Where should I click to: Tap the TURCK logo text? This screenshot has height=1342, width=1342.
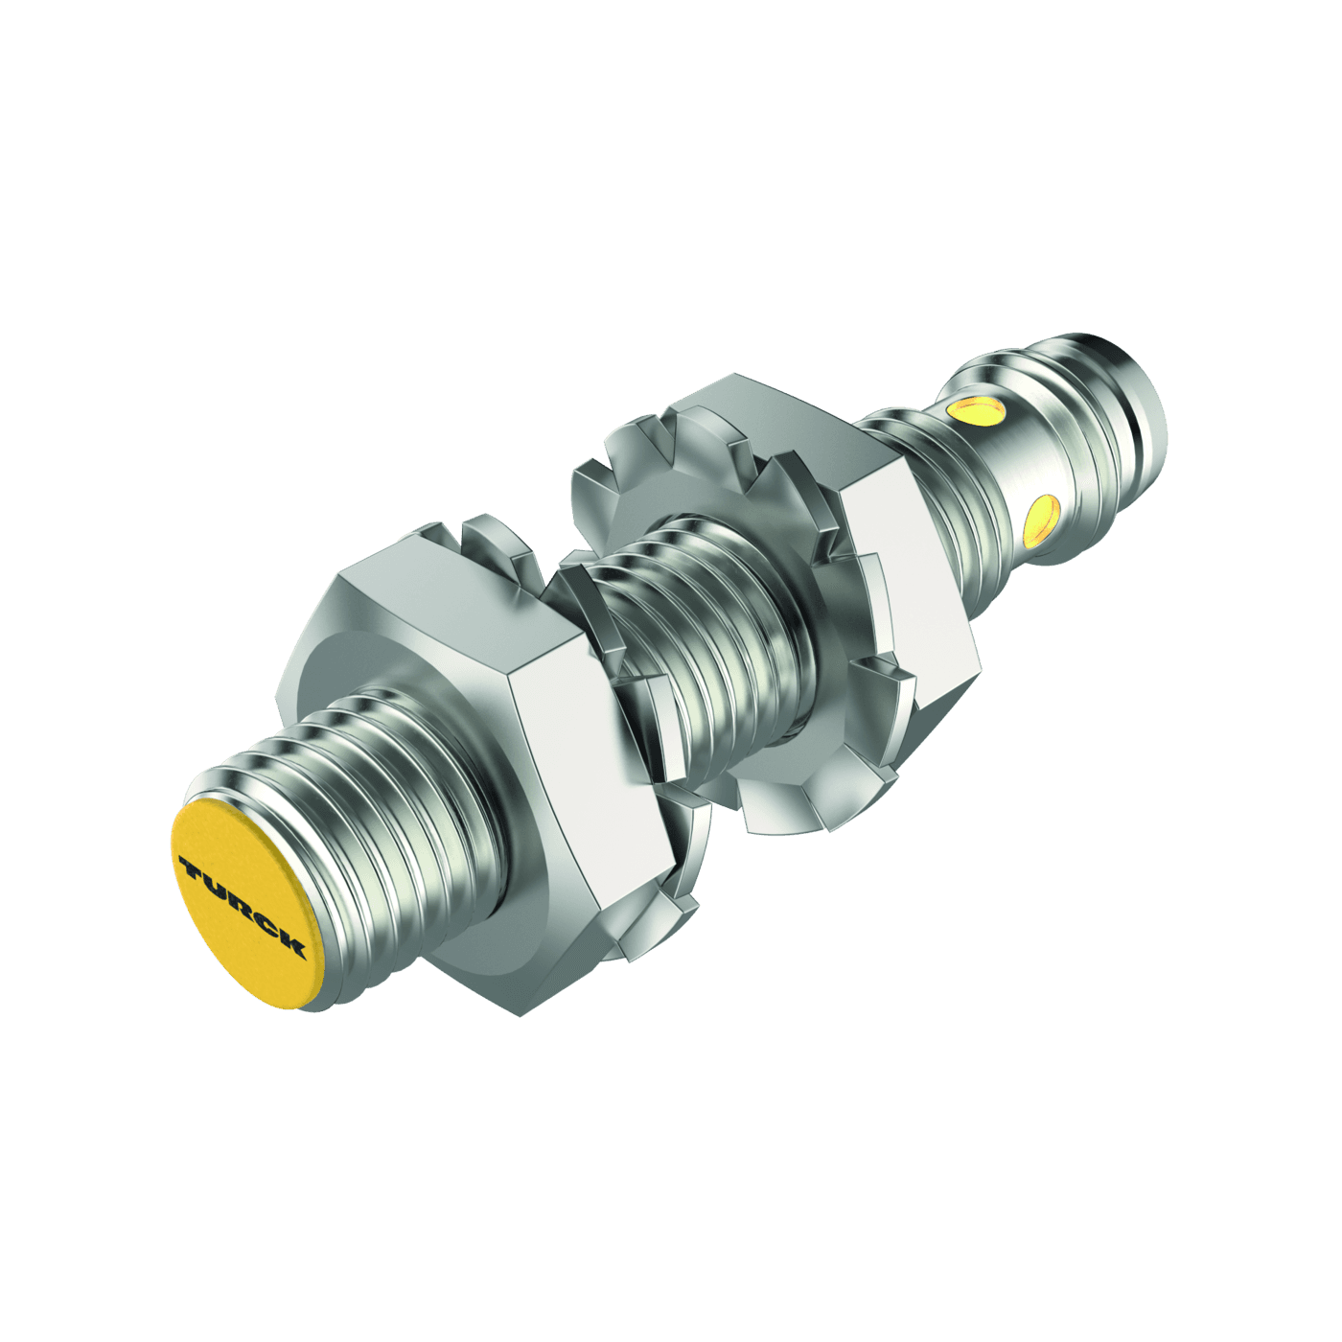242,906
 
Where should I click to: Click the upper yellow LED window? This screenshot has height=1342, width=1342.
976,411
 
